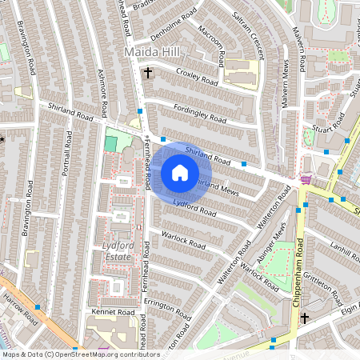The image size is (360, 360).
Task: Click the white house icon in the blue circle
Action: (180, 172)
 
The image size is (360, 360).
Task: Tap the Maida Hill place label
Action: (151, 52)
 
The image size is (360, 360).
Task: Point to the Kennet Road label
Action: (115, 311)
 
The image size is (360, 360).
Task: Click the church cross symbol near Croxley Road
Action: (147, 74)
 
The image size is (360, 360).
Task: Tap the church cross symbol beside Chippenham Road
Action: (304, 318)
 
